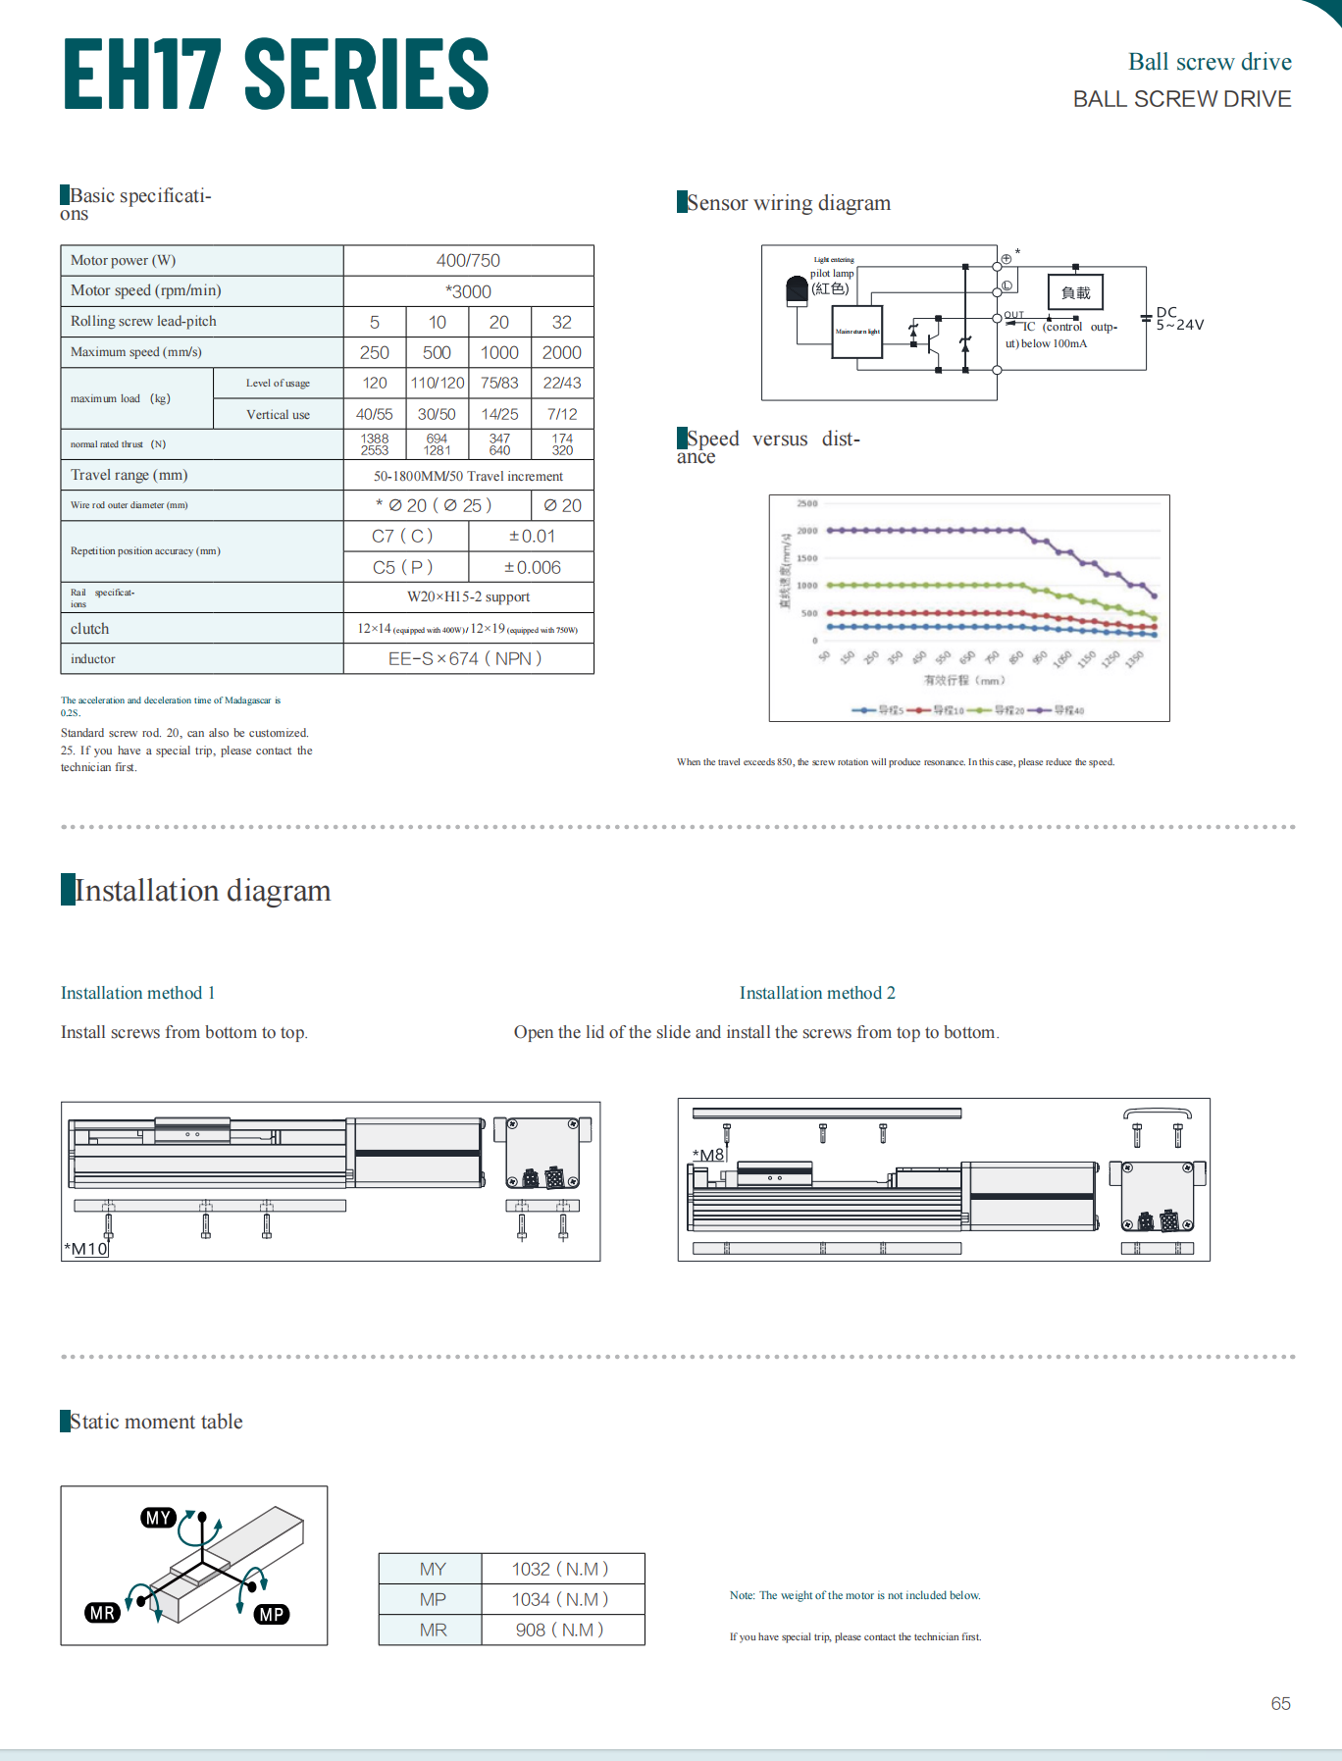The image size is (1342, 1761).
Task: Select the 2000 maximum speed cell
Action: [562, 353]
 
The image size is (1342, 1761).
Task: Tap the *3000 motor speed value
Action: [468, 291]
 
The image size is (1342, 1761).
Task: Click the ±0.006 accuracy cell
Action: [532, 567]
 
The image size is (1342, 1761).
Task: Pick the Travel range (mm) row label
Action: [129, 475]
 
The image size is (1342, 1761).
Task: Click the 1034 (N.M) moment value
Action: [560, 1599]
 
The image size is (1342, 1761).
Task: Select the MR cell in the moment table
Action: [433, 1630]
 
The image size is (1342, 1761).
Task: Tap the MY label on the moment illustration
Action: [158, 1518]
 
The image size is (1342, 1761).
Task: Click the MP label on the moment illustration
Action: [272, 1614]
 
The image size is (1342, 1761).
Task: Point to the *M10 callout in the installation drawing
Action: [86, 1249]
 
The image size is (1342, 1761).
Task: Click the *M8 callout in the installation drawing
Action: [708, 1155]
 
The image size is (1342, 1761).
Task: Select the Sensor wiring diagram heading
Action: [789, 203]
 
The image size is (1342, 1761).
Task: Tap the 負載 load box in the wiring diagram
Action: [1075, 292]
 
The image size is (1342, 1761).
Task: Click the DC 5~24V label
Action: [1178, 319]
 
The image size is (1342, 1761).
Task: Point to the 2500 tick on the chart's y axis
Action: [806, 503]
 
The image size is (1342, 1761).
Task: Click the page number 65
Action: [1280, 1703]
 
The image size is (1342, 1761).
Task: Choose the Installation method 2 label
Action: [817, 993]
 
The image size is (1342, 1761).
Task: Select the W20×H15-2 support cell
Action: [468, 596]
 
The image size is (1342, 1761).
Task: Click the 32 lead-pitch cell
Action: [562, 322]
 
